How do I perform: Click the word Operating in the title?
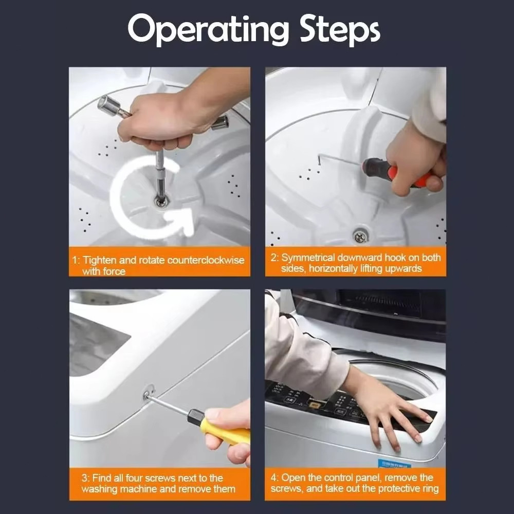coord(208,30)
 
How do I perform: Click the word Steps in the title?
coord(340,30)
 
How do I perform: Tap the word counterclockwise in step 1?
coord(206,260)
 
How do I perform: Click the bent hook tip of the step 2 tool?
coord(319,160)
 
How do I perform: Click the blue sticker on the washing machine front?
coord(395,464)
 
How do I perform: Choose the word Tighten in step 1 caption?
coord(100,260)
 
